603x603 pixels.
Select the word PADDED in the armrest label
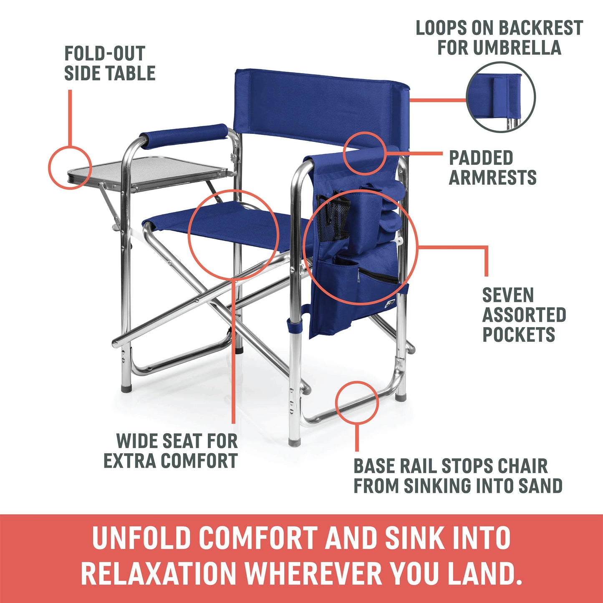[x=481, y=158]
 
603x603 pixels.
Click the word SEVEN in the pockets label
[x=508, y=295]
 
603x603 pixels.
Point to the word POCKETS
[x=519, y=335]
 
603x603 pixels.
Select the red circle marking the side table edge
[x=70, y=167]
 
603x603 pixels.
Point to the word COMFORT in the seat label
[x=199, y=461]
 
